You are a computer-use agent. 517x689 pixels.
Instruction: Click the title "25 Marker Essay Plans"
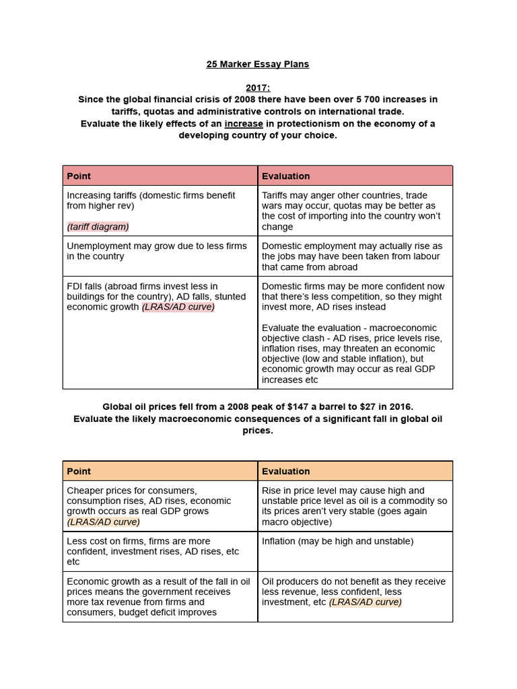(258, 65)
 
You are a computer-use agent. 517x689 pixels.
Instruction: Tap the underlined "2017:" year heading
(258, 87)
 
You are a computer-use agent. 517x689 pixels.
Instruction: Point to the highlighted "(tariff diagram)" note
(98, 227)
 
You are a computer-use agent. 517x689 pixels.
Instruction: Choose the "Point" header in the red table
(79, 176)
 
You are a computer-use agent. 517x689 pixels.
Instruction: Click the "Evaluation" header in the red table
(285, 176)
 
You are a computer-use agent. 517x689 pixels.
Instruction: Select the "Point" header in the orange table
(79, 471)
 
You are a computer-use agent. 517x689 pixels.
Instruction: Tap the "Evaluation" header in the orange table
(285, 471)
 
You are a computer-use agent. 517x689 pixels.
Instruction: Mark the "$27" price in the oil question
(360, 407)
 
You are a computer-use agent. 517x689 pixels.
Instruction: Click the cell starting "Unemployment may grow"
(160, 252)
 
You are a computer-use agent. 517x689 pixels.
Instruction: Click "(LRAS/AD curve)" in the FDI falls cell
(178, 307)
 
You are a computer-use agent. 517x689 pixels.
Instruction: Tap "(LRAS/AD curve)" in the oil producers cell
(365, 602)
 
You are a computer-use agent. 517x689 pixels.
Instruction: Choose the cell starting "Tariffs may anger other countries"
(355, 211)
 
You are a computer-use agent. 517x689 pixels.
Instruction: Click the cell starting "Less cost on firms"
(160, 551)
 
